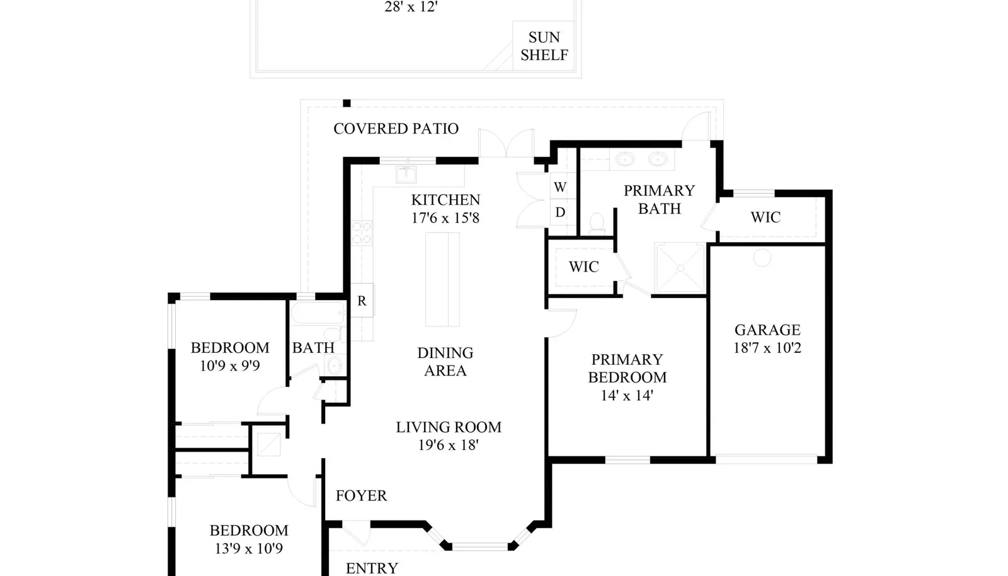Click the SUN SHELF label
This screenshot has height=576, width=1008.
pyautogui.click(x=544, y=46)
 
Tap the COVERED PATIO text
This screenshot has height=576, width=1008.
pyautogui.click(x=396, y=129)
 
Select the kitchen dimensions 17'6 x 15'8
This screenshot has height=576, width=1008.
pyautogui.click(x=445, y=218)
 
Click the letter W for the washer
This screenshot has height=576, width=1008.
pyautogui.click(x=560, y=187)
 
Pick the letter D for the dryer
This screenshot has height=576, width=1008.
pyautogui.click(x=560, y=212)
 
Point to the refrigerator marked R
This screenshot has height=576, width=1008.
pyautogui.click(x=362, y=301)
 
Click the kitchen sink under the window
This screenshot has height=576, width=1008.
pyautogui.click(x=406, y=175)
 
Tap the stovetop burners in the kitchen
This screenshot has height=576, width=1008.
pyautogui.click(x=362, y=233)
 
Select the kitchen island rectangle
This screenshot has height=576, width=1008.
pyautogui.click(x=442, y=279)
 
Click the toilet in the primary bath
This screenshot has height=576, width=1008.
pyautogui.click(x=597, y=224)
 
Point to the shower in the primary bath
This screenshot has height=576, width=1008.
pyautogui.click(x=680, y=268)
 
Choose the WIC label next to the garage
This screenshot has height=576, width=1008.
pyautogui.click(x=765, y=217)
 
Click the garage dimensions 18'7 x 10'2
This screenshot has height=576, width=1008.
pyautogui.click(x=768, y=348)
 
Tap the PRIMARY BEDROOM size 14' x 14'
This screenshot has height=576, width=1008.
pyautogui.click(x=627, y=396)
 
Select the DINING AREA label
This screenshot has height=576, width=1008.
pyautogui.click(x=445, y=362)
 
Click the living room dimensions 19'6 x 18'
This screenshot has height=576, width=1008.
pyautogui.click(x=448, y=445)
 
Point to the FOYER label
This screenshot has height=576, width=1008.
pyautogui.click(x=362, y=495)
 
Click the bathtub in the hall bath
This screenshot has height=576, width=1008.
pyautogui.click(x=318, y=313)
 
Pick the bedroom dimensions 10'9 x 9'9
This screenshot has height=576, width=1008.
pyautogui.click(x=230, y=366)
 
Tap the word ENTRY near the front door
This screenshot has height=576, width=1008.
pyautogui.click(x=372, y=568)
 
